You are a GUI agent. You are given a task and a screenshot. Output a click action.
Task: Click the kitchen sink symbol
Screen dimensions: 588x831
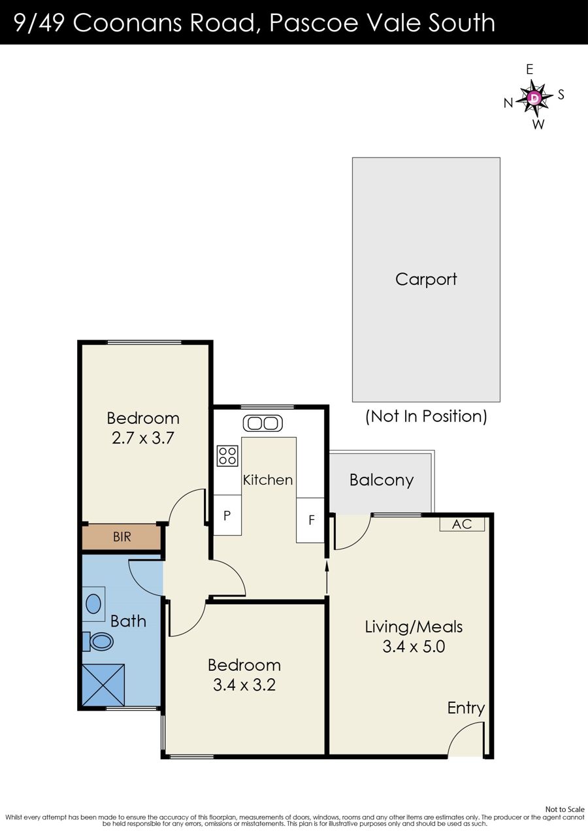(x=263, y=423)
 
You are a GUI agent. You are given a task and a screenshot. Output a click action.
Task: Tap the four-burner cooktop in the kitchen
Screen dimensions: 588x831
(x=227, y=456)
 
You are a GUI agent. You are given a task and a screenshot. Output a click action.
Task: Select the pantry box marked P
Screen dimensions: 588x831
(x=227, y=515)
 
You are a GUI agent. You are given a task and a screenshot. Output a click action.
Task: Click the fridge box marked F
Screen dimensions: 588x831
(x=311, y=520)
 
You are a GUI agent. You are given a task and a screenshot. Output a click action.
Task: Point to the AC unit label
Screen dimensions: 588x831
(x=462, y=524)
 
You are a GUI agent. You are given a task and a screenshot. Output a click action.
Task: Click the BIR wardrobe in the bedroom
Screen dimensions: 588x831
(x=122, y=537)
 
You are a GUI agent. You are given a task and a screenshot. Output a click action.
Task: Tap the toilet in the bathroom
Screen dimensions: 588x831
(x=98, y=642)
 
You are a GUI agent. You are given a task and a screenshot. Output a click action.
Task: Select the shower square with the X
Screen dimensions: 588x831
(x=103, y=685)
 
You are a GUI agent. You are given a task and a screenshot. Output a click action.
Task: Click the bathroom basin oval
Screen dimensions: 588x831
(x=93, y=604)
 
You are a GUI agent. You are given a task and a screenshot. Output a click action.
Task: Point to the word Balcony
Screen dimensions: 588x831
(x=382, y=480)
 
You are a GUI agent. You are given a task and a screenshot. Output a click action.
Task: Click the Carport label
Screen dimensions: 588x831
(x=426, y=280)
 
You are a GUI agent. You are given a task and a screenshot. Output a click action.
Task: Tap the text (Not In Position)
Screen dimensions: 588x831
(x=426, y=416)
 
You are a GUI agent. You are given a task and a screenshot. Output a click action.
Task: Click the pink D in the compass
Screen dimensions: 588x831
(x=534, y=97)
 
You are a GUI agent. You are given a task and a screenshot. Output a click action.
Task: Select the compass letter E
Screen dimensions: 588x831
(x=529, y=69)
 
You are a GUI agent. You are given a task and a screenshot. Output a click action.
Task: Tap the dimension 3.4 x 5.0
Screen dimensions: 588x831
(x=414, y=647)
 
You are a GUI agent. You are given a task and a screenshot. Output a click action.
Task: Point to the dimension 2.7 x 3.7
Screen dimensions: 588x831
(x=143, y=438)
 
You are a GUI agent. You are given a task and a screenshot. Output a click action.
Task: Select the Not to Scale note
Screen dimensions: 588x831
(x=564, y=809)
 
